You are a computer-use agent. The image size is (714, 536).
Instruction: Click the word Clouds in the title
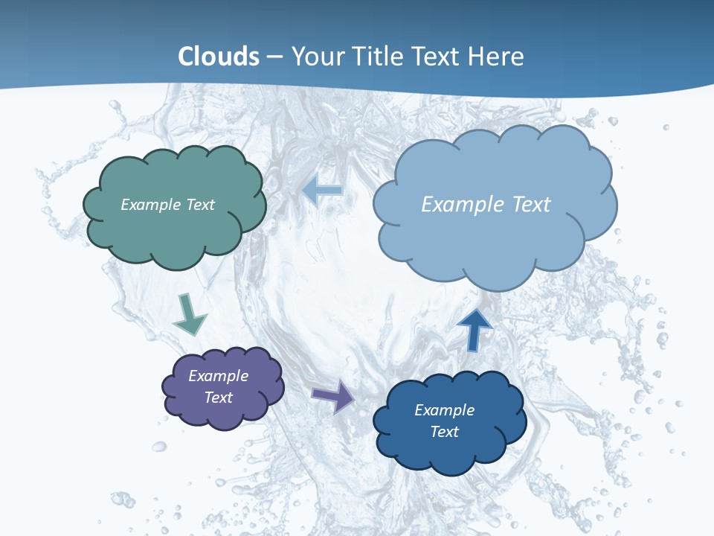(219, 57)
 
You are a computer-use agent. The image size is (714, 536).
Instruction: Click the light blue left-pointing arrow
(322, 190)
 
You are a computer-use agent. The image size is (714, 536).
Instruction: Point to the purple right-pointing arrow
(334, 396)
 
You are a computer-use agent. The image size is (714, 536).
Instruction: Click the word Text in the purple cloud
(219, 398)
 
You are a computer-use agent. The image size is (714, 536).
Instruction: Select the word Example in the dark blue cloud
(444, 410)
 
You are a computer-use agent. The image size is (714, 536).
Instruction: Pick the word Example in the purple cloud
(219, 376)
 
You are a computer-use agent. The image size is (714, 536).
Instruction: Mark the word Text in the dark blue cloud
(444, 432)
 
